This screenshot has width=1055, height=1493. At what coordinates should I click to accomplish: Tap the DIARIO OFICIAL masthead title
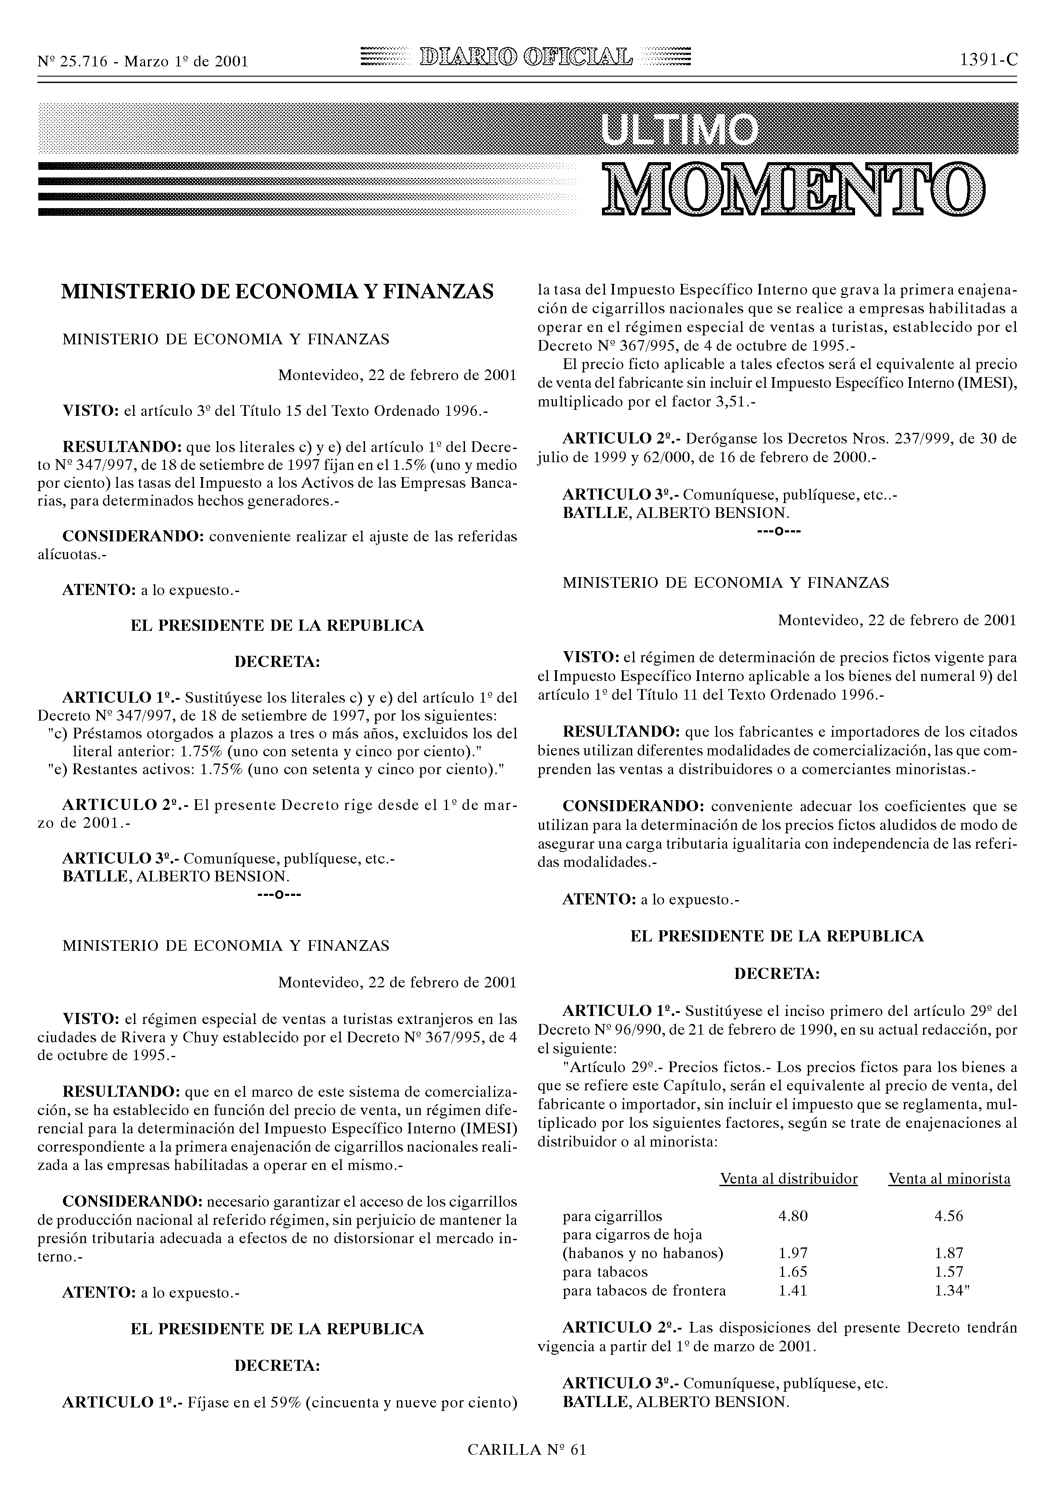pos(527,59)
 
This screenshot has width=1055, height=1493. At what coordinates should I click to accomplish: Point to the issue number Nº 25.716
pos(73,62)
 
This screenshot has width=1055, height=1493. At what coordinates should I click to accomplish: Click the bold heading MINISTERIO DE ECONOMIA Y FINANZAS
pos(277,292)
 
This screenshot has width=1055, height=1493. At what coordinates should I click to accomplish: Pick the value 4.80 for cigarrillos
pos(793,1216)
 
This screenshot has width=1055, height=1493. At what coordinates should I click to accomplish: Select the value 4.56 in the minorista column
pos(948,1216)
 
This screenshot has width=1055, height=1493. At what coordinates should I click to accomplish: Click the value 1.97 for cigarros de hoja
pos(793,1253)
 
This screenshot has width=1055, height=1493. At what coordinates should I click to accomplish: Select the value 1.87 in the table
pos(948,1253)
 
